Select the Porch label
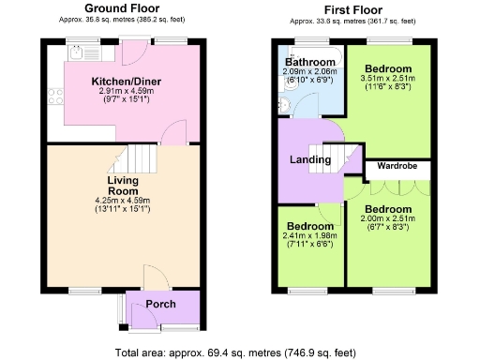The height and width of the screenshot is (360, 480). click(x=162, y=305)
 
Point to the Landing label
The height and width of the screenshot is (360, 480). click(x=310, y=160)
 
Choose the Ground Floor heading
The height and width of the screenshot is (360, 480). click(x=121, y=8)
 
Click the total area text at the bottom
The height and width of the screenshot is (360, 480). click(x=238, y=352)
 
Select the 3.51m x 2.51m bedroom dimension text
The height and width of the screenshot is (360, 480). click(x=388, y=82)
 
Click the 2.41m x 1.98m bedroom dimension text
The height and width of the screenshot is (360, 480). click(x=309, y=238)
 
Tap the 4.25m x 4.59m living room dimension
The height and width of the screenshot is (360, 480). click(x=123, y=200)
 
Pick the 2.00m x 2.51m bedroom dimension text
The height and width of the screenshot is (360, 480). click(x=388, y=219)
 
